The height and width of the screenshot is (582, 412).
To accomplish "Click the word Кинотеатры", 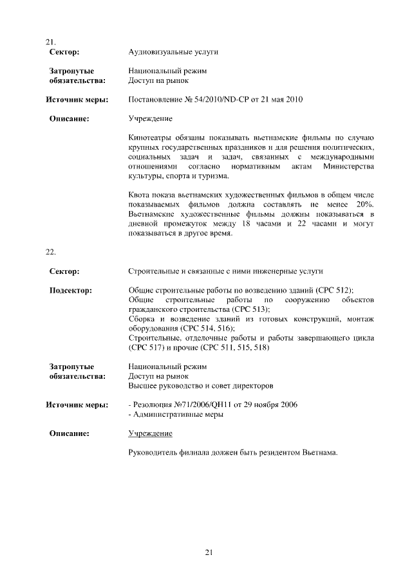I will (x=149, y=138).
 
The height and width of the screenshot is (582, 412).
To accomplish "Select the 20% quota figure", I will (x=364, y=204).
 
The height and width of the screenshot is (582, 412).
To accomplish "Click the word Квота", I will (x=140, y=194).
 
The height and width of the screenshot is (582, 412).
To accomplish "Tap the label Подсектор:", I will (x=71, y=290).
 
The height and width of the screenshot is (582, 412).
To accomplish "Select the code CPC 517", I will (x=147, y=348).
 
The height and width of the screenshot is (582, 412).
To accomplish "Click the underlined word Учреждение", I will (x=151, y=433).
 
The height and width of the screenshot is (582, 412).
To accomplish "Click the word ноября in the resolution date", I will (x=265, y=405).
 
